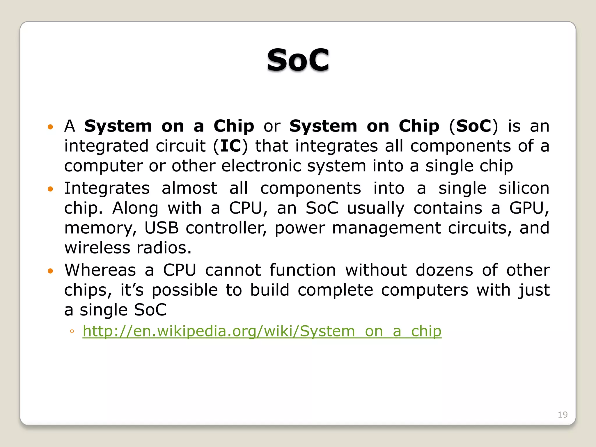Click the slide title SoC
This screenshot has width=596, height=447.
click(x=298, y=60)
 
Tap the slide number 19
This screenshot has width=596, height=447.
click(x=563, y=414)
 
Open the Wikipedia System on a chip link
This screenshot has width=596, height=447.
click(x=262, y=331)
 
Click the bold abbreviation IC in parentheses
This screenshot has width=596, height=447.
click(x=230, y=146)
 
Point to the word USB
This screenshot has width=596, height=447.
click(x=162, y=228)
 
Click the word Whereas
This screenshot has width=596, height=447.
click(x=100, y=270)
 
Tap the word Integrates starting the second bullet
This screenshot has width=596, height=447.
click(x=107, y=188)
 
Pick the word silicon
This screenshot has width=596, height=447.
click(x=524, y=188)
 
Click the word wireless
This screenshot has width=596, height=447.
click(x=97, y=248)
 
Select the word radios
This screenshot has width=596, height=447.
click(x=164, y=248)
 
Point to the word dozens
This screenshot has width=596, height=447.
click(x=444, y=270)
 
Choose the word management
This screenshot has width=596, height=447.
click(x=386, y=228)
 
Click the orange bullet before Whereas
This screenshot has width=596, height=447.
click(x=51, y=271)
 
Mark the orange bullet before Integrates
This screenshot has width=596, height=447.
click(x=51, y=189)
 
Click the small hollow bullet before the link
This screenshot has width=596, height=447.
click(x=72, y=331)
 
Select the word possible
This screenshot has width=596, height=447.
click(x=185, y=290)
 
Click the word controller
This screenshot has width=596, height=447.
click(x=226, y=228)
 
